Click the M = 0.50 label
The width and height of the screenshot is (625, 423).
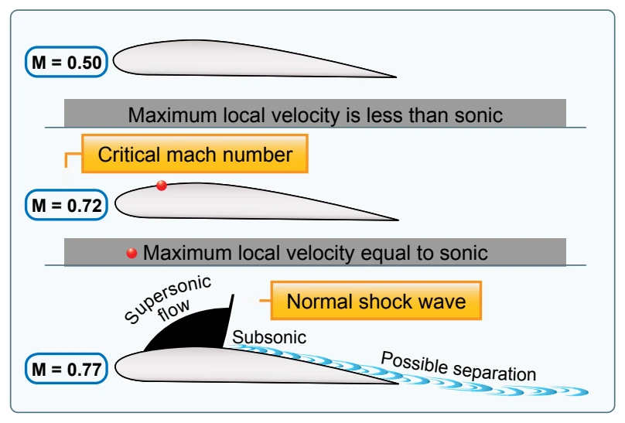[67, 62]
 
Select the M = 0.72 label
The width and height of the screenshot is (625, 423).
[67, 205]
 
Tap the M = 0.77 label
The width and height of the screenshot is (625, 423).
[67, 369]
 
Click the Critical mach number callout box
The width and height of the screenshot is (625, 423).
[194, 154]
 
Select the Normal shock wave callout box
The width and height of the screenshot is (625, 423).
[376, 301]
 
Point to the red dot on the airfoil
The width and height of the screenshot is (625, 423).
[162, 186]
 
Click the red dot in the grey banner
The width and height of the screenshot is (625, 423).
[131, 253]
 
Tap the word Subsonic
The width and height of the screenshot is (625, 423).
[269, 337]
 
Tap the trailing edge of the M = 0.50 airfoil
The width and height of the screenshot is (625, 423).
[396, 77]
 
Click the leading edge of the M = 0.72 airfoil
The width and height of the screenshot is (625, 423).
[115, 203]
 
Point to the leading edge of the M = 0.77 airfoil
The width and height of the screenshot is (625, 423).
[115, 367]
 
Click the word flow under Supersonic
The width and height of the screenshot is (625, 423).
[174, 309]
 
